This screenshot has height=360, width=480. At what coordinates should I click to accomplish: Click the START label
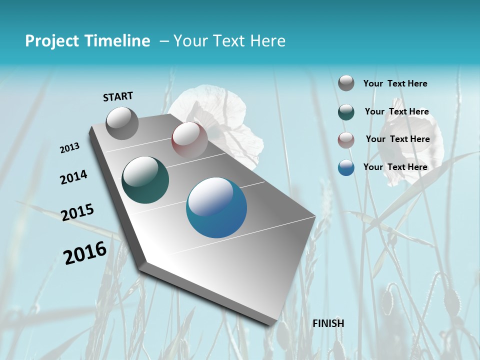(118, 96)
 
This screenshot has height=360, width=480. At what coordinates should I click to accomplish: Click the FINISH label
(328, 323)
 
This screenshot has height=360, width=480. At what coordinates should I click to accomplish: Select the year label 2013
(70, 148)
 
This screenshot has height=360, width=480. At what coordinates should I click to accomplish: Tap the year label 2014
(73, 177)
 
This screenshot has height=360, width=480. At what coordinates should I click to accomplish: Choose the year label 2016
(85, 253)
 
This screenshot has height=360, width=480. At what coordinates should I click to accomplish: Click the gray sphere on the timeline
(122, 123)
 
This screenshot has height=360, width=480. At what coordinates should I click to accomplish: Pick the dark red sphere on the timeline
(189, 140)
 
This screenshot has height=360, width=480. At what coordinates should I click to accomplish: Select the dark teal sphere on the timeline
(145, 180)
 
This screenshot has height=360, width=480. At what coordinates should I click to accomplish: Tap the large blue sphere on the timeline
(216, 207)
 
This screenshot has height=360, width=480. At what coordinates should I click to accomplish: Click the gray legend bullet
(346, 83)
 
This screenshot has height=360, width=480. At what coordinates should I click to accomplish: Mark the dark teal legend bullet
(346, 112)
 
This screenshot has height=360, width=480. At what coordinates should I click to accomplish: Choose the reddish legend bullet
(346, 140)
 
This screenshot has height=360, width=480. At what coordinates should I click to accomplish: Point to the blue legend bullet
(346, 167)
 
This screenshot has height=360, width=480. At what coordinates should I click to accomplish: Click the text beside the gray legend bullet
(395, 83)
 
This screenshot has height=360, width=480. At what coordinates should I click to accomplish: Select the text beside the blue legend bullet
(395, 167)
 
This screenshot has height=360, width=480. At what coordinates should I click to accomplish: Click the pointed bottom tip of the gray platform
(270, 324)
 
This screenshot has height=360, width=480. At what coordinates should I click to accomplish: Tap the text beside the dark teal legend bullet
(396, 111)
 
